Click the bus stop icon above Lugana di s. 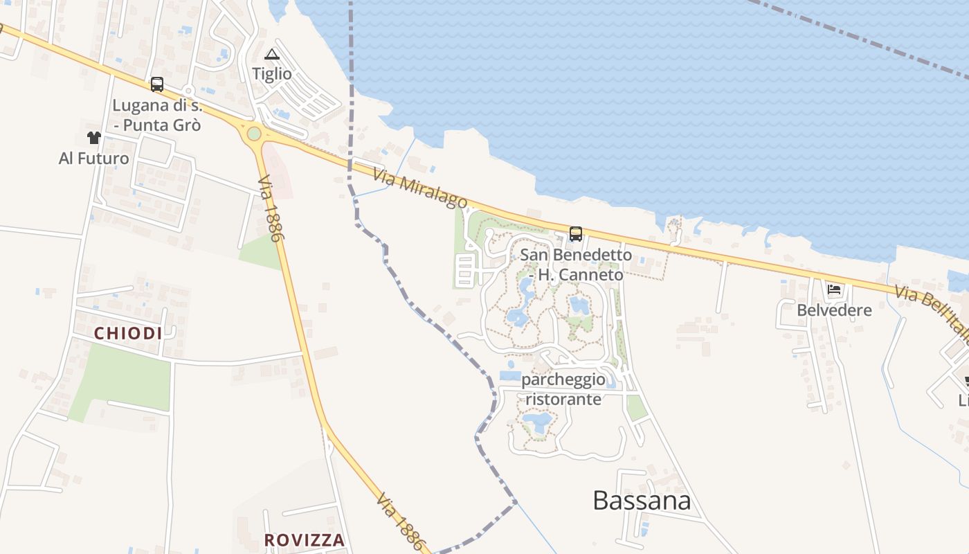(157, 84)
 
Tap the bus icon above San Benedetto (576, 233)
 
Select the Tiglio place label (272, 73)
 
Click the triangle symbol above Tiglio (272, 54)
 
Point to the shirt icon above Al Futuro (94, 138)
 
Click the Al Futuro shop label (94, 159)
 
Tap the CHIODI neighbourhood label (128, 333)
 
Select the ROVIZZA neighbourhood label (305, 539)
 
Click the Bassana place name (642, 501)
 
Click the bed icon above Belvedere (834, 289)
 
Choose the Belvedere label (834, 310)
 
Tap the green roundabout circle (254, 133)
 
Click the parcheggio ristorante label (563, 389)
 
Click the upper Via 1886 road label (271, 208)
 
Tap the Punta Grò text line (158, 125)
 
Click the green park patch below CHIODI (125, 377)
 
